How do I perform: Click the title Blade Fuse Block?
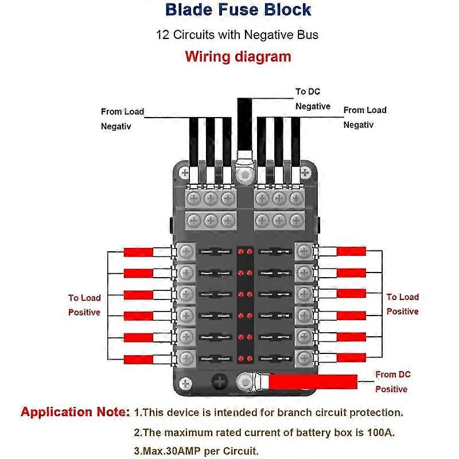click(238, 10)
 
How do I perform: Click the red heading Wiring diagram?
click(238, 56)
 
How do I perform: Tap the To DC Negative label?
click(313, 99)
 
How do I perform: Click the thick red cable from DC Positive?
click(313, 381)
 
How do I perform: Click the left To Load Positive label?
click(84, 305)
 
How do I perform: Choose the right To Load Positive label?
click(402, 304)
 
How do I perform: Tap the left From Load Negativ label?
click(122, 119)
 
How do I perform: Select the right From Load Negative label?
click(365, 117)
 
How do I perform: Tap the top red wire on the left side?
click(138, 252)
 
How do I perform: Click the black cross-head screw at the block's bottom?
click(219, 382)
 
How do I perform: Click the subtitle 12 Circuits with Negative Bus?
click(238, 34)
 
